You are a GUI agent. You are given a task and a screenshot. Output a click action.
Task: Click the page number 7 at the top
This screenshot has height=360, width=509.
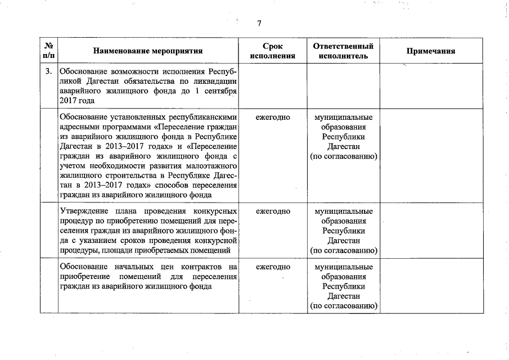coord(259,23)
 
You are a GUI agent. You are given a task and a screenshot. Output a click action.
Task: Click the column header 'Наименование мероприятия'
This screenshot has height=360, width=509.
coord(148,51)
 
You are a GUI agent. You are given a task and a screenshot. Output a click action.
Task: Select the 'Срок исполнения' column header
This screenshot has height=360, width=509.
coord(273,51)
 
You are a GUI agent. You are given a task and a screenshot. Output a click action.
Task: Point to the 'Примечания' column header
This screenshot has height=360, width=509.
coord(430,51)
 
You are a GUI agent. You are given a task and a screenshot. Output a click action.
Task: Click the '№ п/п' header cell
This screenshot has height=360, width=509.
coord(49,51)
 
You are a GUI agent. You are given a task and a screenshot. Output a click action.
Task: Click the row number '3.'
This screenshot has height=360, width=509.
coord(49,71)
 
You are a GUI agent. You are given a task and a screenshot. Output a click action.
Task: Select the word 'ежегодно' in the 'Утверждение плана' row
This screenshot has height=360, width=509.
coord(273,211)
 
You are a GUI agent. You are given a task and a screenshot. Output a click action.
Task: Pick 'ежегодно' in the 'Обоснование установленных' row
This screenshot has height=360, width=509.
coord(273,118)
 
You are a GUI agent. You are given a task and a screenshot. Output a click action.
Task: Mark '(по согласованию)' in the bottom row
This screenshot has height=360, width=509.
coord(343,306)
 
